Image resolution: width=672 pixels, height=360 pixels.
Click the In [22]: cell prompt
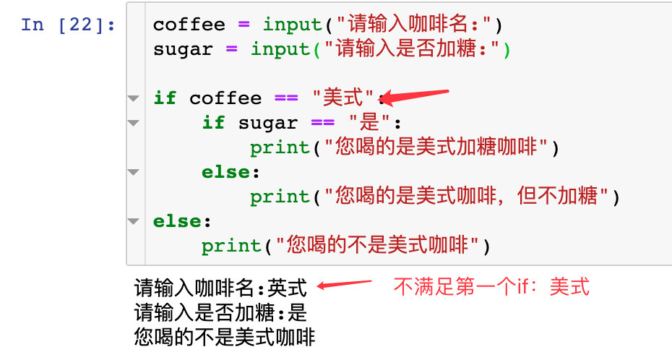tap(69, 25)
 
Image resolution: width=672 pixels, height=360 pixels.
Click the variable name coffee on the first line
tap(189, 25)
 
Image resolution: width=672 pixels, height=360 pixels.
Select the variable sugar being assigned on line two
tap(183, 49)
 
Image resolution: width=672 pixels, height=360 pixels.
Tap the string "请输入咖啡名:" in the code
tap(413, 25)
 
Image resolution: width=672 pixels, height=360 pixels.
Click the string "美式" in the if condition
tap(344, 98)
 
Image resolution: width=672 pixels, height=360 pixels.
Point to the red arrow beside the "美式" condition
tap(415, 95)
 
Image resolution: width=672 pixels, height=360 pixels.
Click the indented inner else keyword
tap(226, 171)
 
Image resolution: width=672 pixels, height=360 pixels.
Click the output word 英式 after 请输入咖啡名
tap(287, 288)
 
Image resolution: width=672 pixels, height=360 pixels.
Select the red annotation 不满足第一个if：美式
tap(491, 287)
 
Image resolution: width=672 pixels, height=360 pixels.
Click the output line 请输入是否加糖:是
tap(221, 313)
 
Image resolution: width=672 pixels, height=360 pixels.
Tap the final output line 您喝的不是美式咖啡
tap(225, 337)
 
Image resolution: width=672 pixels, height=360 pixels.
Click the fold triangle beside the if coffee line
tap(133, 98)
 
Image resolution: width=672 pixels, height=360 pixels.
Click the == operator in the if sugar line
tap(322, 122)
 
